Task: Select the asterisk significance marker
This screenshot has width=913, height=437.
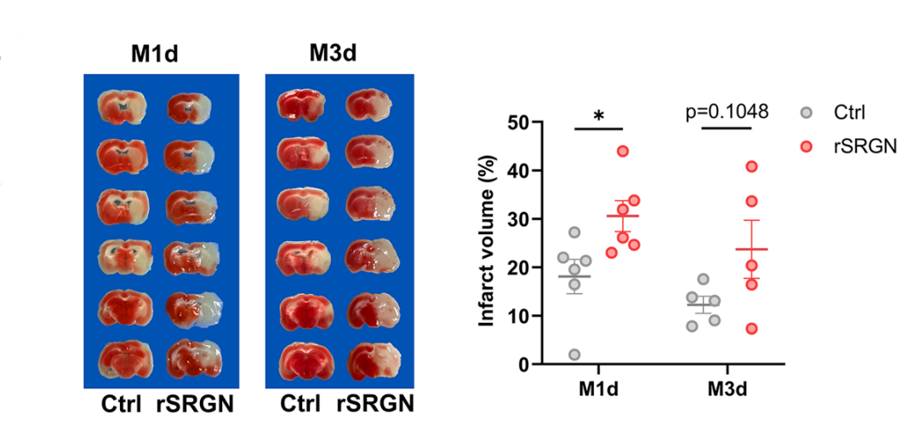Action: click(599, 116)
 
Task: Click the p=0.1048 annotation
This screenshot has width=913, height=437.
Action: click(727, 112)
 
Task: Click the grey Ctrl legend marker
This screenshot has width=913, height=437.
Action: click(807, 112)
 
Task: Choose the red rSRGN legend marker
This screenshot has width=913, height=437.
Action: click(807, 146)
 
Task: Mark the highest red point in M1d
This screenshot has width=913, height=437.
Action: click(622, 151)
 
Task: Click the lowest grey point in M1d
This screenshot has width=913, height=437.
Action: click(574, 354)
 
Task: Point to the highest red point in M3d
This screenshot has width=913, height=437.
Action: click(751, 166)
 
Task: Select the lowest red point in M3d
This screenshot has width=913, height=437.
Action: click(751, 329)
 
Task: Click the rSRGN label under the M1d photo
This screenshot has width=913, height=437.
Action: click(196, 403)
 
